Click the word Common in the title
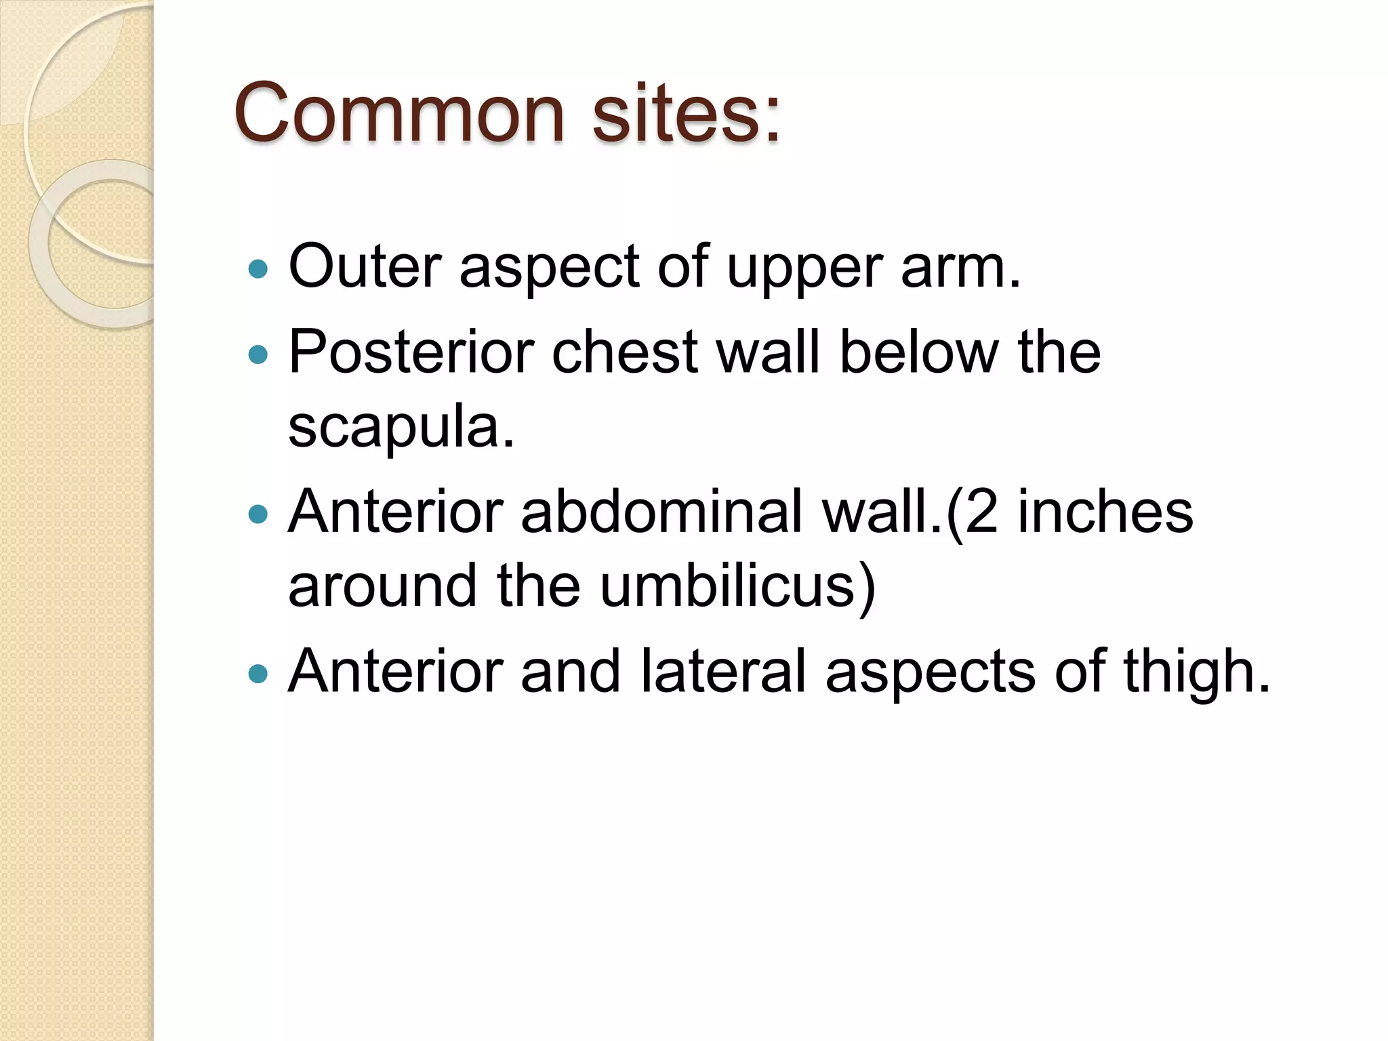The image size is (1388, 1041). (399, 114)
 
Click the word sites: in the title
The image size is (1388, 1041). (686, 114)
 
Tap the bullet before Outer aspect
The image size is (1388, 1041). (258, 269)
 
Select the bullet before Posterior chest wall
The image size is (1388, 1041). (258, 354)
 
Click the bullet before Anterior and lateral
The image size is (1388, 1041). (258, 674)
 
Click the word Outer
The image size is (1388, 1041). (365, 266)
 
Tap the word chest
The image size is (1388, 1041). (624, 352)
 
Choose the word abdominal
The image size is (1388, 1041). (661, 512)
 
